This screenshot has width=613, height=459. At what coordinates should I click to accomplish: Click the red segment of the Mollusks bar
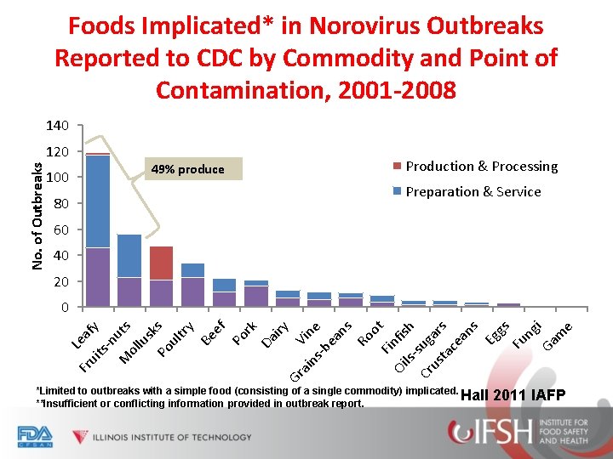coord(161,263)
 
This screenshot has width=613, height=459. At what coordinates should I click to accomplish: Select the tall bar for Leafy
coord(98,229)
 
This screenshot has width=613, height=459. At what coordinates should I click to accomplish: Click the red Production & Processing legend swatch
coord(398,166)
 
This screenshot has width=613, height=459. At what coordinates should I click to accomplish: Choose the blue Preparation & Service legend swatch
coord(398,191)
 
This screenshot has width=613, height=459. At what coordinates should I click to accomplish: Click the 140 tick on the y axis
coord(58,126)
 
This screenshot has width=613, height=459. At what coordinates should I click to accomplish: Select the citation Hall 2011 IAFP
coord(512,394)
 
